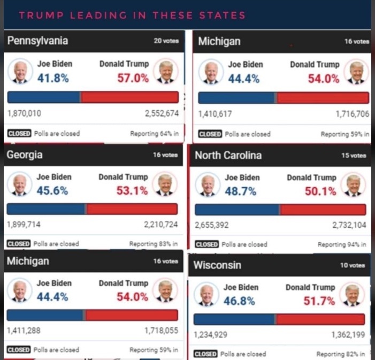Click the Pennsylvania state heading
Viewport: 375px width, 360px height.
click(37, 41)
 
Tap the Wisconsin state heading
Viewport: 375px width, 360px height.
click(217, 265)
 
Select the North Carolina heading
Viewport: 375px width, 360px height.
click(228, 156)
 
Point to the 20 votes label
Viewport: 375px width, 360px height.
click(166, 41)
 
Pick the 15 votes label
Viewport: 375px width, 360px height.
click(354, 156)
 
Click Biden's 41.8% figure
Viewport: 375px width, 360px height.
click(53, 78)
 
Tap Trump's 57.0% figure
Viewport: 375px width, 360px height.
click(133, 78)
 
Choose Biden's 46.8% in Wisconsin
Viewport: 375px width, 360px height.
click(240, 301)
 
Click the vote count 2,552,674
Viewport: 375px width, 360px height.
click(162, 113)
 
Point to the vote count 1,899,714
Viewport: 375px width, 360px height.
click(24, 225)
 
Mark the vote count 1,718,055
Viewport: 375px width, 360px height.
click(161, 331)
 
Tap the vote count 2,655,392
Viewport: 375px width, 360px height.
click(212, 225)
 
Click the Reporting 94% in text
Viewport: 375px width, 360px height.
click(342, 244)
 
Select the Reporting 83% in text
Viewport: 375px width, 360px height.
click(154, 244)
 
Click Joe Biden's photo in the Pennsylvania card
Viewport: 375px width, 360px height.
click(20, 72)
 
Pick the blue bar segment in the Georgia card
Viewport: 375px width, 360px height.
click(46, 209)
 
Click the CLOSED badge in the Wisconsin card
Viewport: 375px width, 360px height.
click(205, 354)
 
